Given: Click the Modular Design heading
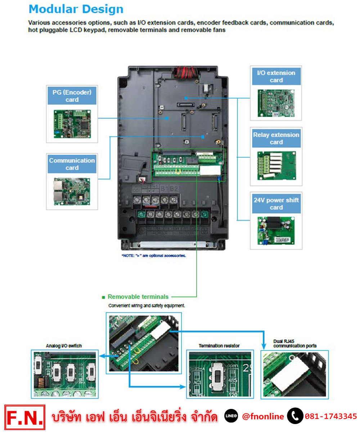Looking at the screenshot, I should tap(76, 9).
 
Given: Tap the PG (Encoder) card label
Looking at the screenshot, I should tap(72, 96).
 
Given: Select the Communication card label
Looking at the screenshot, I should tap(72, 164).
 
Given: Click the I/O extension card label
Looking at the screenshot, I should tap(276, 76).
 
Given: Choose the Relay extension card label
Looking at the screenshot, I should tap(276, 139).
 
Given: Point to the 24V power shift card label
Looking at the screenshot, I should tap(276, 204).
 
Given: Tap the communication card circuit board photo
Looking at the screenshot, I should tap(72, 191).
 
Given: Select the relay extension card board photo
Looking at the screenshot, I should tap(276, 166).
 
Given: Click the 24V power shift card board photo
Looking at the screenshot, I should tap(276, 231).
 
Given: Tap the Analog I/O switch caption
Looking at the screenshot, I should tap(64, 346).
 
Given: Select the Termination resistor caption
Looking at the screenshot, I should tap(219, 346).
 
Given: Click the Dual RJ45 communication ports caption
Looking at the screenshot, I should tap(295, 343).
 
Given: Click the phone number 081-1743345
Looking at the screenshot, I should tap(331, 416).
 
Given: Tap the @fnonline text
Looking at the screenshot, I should tap(263, 416).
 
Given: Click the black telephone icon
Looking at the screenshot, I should tap(295, 416).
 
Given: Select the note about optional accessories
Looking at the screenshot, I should tap(154, 256).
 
